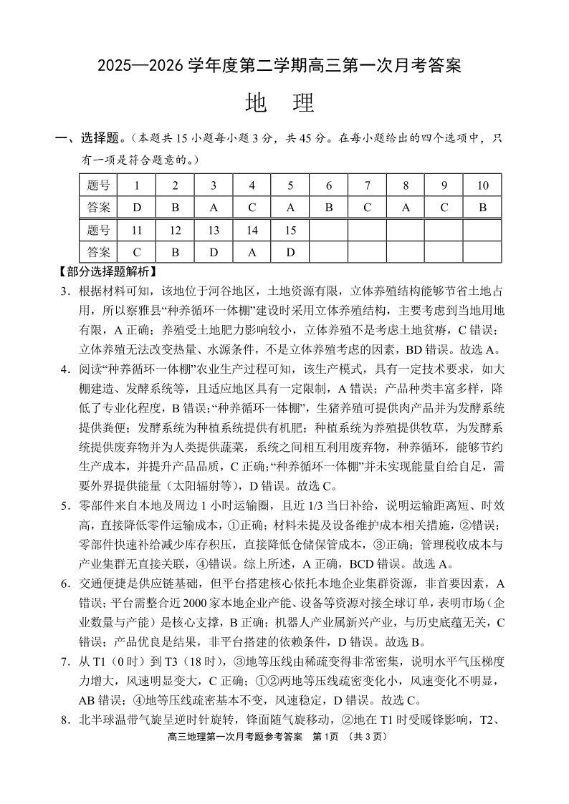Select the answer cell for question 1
point(137,208)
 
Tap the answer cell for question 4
point(252,208)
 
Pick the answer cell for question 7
point(367,208)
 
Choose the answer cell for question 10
point(482,208)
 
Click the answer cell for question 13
point(214,252)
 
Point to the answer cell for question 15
point(290,252)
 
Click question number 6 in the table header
point(329,185)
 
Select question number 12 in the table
point(175,231)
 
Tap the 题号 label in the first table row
point(98,185)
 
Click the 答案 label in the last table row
point(98,252)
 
